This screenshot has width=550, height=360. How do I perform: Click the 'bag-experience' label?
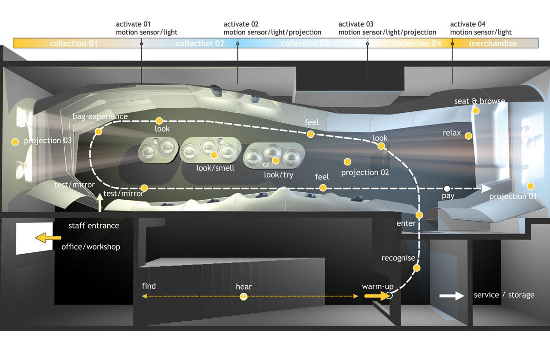(100, 116)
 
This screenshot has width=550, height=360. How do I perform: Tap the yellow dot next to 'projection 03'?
(15, 142)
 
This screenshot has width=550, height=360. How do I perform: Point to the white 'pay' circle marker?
(447, 188)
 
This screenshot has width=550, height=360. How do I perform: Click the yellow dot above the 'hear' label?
(244, 297)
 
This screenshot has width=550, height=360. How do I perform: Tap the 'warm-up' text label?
(378, 287)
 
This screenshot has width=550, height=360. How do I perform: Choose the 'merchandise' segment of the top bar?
(493, 44)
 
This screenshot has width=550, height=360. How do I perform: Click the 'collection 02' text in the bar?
(200, 44)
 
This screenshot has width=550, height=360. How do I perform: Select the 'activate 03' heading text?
(356, 24)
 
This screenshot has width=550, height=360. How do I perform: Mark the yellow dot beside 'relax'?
(468, 136)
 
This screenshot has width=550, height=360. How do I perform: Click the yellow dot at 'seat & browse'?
(476, 110)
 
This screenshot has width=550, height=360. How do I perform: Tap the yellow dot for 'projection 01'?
(531, 186)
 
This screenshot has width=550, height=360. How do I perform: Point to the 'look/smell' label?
(215, 168)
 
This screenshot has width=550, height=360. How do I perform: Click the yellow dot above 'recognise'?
(417, 268)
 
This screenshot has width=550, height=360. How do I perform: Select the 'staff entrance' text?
(93, 225)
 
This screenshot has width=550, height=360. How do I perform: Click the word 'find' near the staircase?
(149, 286)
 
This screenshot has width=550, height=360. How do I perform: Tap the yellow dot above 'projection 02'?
(347, 162)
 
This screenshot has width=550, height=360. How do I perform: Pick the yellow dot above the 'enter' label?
(419, 215)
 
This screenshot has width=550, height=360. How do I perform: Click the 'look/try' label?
(279, 175)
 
